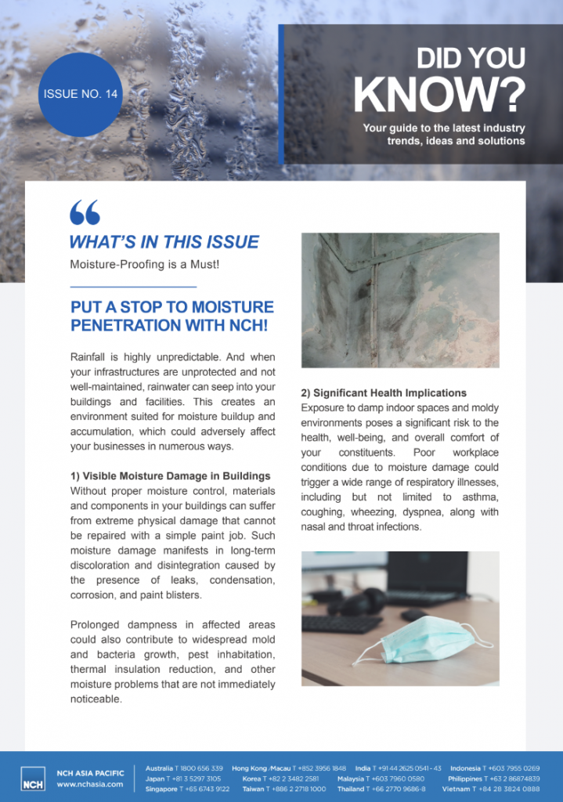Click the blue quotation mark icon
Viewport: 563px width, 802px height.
85,211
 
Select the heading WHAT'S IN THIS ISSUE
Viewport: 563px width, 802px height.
164,242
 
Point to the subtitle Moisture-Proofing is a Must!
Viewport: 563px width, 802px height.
144,265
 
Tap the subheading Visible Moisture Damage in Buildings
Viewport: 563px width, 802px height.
176,475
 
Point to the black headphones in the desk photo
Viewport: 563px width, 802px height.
362,601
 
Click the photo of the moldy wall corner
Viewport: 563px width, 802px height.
400,300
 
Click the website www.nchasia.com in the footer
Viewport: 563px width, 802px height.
90,784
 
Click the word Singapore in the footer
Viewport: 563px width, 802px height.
161,789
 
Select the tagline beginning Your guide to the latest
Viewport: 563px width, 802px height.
443,134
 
